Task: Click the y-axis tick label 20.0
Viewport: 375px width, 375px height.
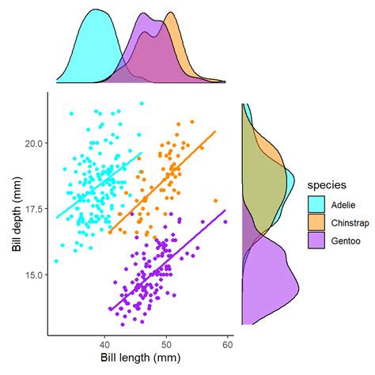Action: tap(32, 143)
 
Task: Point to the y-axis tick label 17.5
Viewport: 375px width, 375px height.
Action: tap(32, 209)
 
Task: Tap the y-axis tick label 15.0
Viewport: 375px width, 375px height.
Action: tap(32, 275)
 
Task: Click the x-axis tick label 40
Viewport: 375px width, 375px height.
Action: tap(104, 343)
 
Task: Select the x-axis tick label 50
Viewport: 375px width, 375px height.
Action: tap(166, 343)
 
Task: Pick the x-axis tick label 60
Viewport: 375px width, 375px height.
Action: tap(228, 343)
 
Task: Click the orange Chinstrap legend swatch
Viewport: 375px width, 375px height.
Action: tap(317, 223)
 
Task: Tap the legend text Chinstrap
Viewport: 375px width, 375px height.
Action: tap(350, 223)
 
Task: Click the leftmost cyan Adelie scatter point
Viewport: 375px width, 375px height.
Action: tap(56, 260)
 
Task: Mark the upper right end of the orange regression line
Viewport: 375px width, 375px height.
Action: tap(215, 132)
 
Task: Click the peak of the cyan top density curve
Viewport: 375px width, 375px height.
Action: tap(96, 10)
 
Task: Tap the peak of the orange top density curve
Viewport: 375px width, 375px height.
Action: tap(169, 13)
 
